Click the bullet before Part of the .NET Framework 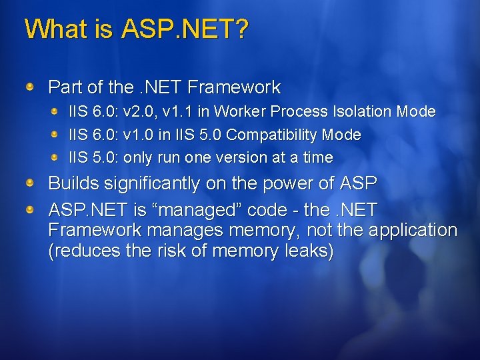click(x=30, y=87)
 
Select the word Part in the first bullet click(x=63, y=87)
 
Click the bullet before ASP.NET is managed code click(x=30, y=210)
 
